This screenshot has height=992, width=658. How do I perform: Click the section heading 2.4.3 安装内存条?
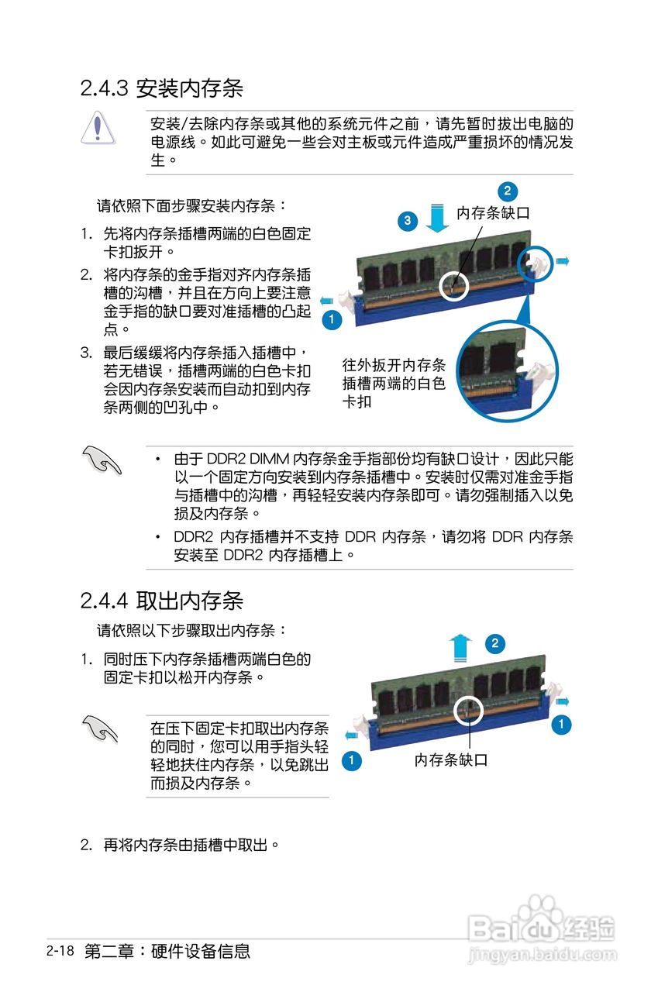161,88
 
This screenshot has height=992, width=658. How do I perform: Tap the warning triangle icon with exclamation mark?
97,128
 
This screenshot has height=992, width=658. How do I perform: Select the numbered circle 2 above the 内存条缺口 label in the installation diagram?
507,191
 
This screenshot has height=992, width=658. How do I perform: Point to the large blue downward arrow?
438,219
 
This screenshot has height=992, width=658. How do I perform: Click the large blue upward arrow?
461,646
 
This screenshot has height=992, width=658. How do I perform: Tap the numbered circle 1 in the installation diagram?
331,319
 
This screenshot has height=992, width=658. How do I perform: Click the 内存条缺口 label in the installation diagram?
493,213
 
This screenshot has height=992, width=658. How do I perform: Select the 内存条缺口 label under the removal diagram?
451,760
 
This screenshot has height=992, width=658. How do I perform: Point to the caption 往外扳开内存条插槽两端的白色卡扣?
394,384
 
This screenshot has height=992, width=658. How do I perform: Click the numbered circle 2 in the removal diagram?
496,642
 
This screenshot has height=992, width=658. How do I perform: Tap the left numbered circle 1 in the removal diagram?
351,760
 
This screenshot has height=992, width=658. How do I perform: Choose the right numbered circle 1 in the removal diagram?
561,725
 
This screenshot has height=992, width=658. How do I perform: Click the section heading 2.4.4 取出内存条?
161,600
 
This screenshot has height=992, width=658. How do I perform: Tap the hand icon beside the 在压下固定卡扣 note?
101,729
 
